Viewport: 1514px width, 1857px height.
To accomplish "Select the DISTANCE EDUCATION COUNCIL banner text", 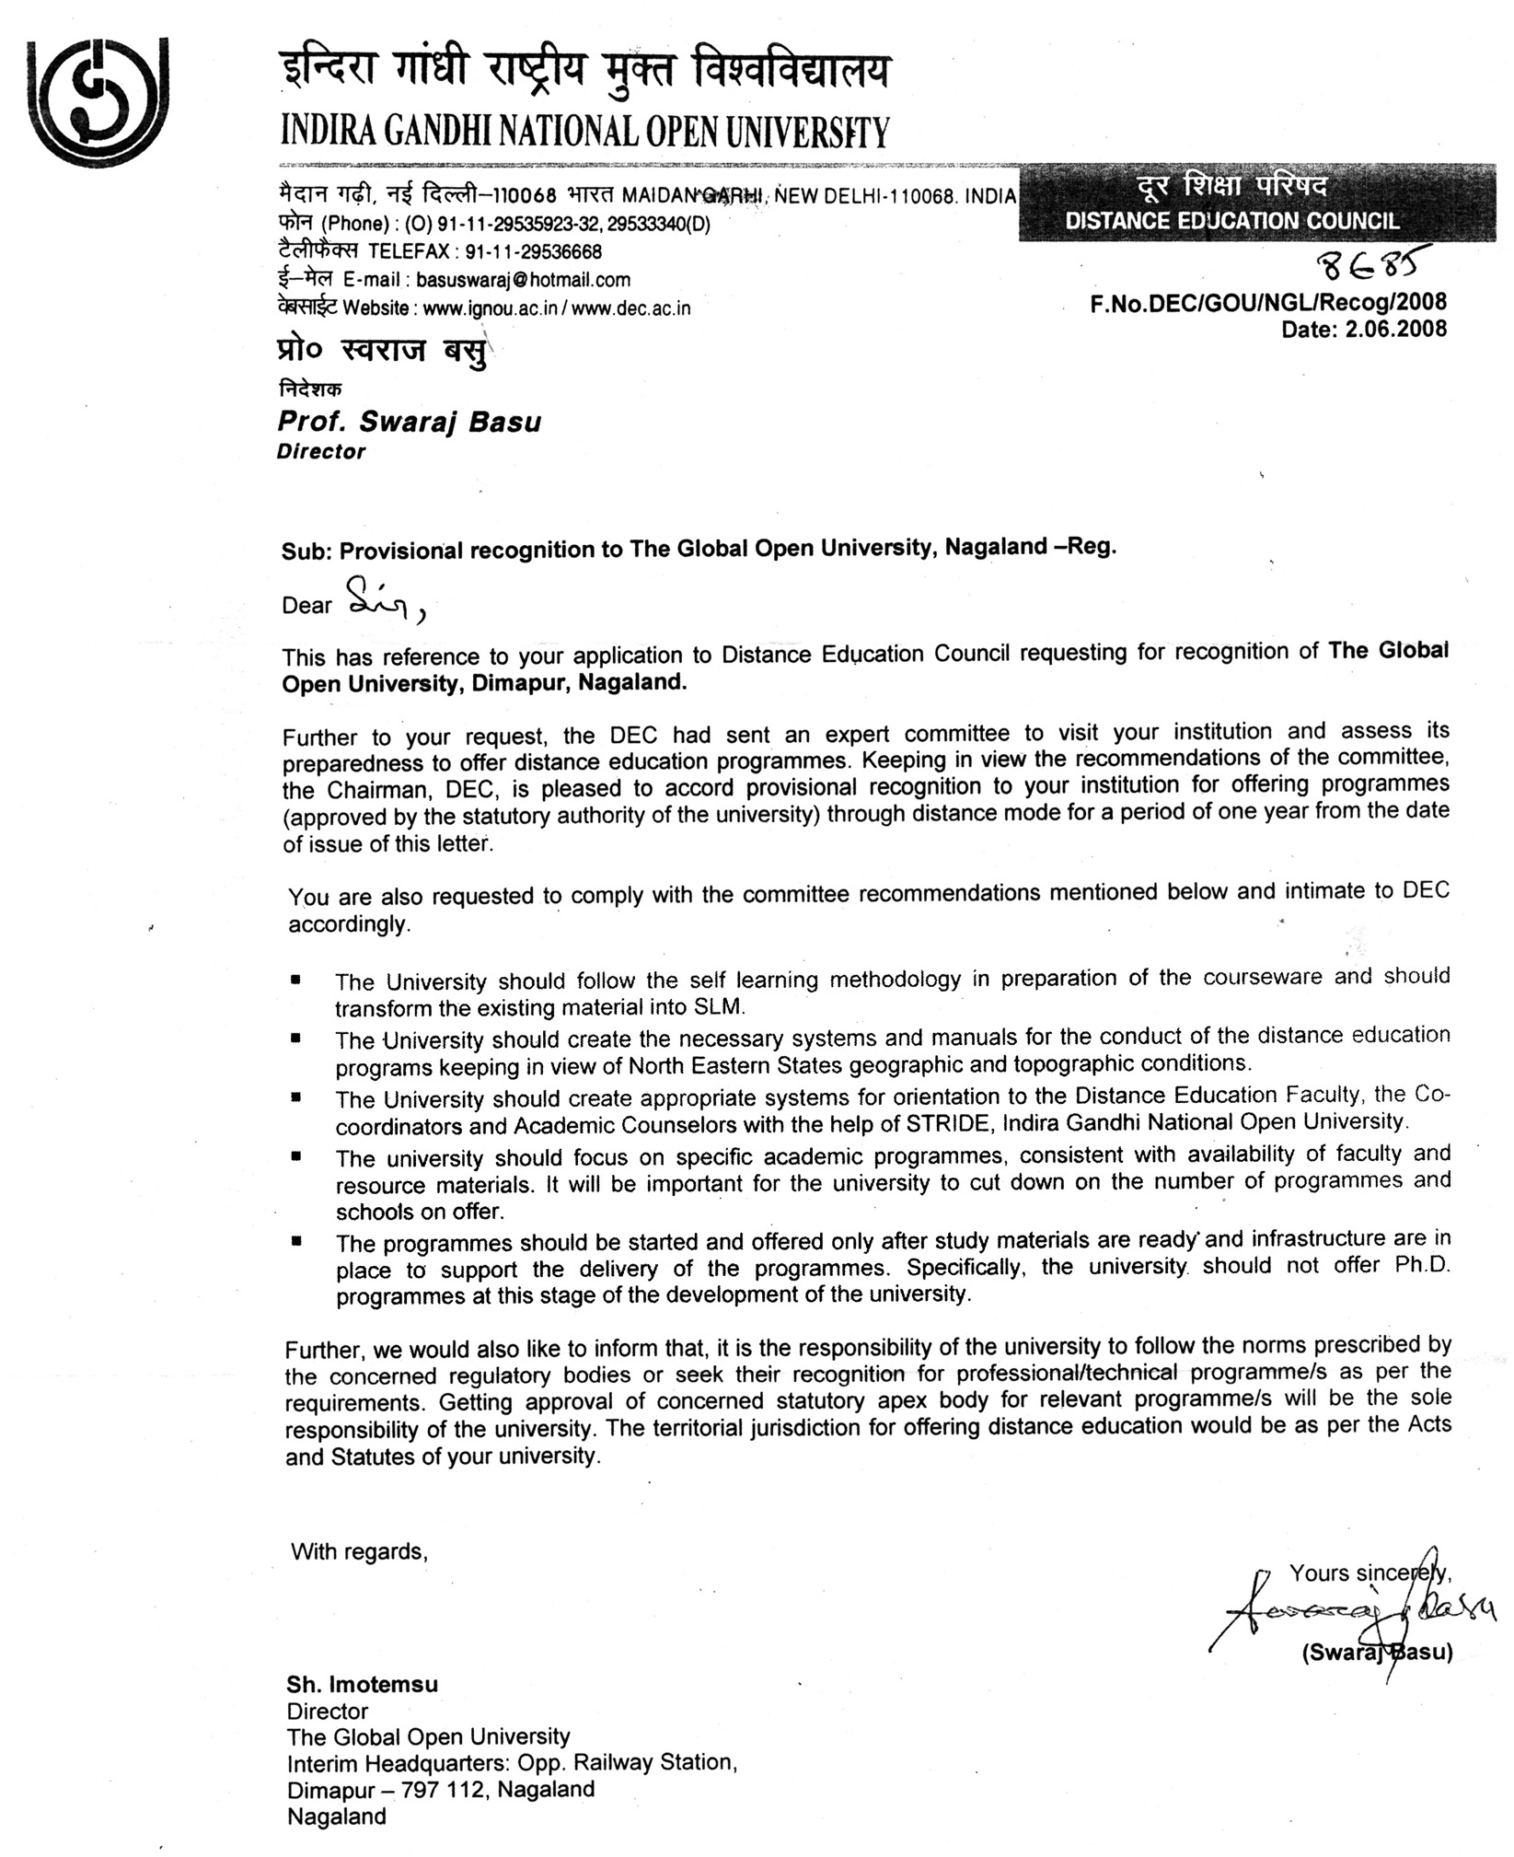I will [1231, 221].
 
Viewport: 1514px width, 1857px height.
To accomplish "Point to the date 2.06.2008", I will [1395, 329].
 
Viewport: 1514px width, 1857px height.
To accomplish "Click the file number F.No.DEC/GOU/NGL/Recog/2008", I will [1268, 303].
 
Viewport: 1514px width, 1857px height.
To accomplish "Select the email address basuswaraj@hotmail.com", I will [523, 279].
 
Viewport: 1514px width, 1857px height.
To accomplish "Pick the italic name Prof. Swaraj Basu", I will [409, 422].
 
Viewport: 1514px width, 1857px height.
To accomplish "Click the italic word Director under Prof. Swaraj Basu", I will [321, 452].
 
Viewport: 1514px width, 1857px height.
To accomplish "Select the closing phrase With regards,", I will [359, 1552].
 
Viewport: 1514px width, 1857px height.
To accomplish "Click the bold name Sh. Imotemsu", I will [362, 1684].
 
